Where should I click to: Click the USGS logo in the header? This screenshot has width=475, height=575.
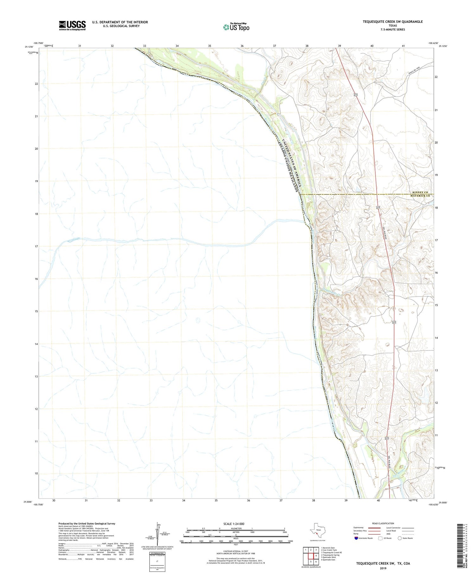[x=72, y=25]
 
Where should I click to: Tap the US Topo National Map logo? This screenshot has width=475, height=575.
[x=236, y=27]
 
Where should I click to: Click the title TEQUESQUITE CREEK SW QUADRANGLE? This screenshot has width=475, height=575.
[x=393, y=22]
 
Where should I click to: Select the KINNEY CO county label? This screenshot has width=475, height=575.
[x=420, y=193]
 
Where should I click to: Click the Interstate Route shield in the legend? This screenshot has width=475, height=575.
[x=357, y=538]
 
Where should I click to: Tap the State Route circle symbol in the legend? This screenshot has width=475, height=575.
[x=400, y=538]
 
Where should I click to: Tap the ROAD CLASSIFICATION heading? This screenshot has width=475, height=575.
[x=383, y=523]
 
